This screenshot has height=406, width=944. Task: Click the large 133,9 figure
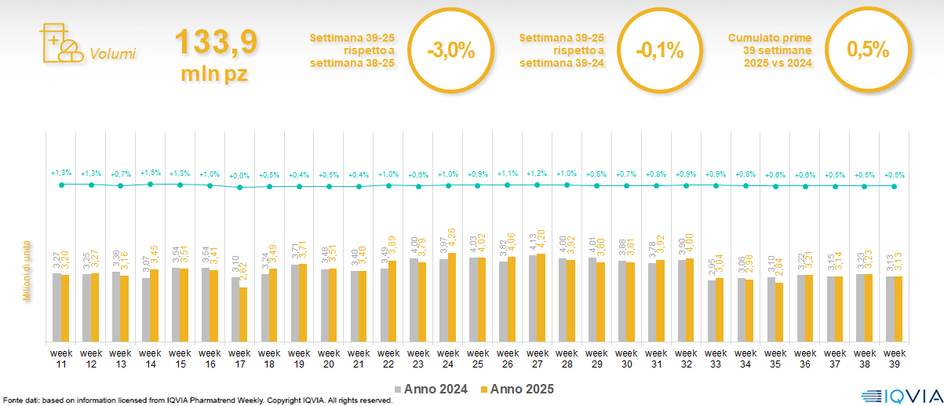point(216,42)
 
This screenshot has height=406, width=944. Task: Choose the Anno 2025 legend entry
point(518,389)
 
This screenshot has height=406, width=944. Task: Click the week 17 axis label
point(240,357)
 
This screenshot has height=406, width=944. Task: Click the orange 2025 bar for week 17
point(244,314)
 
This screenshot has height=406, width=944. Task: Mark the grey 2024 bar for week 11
point(56,307)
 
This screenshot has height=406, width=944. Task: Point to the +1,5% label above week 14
point(151,173)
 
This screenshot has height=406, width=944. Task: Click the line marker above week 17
point(240,187)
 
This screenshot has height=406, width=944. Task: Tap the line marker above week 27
point(538,185)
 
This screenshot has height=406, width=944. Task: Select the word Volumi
point(112,54)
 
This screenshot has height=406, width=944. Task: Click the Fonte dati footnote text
point(196,401)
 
